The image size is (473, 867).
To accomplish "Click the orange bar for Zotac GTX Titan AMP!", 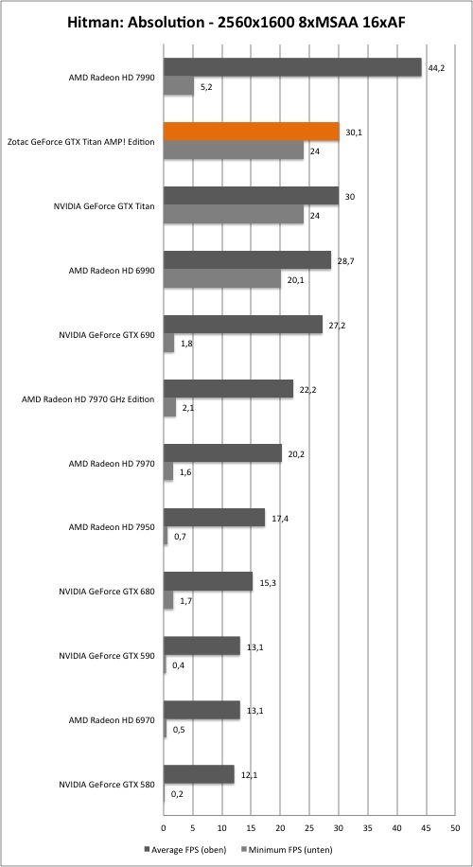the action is (x=252, y=132).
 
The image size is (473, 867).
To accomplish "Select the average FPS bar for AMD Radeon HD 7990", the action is (x=292, y=67).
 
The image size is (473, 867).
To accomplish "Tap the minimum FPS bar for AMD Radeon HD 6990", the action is (x=222, y=278).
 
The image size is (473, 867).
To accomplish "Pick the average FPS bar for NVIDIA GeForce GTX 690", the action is (x=243, y=325).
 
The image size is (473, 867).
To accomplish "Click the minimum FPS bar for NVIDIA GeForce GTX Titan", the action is (x=234, y=215).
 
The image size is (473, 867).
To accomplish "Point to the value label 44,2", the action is (x=435, y=68).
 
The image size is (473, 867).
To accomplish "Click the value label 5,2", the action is (x=206, y=87).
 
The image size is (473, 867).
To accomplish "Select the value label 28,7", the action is (x=344, y=261).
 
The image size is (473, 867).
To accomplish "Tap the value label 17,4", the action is (x=279, y=519).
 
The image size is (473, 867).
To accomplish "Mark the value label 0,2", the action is (x=177, y=794).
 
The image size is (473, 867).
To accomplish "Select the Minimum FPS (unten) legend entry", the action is (x=287, y=849).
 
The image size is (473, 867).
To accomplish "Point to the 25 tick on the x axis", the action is (x=309, y=828).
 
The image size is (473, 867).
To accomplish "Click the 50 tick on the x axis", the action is (x=454, y=828).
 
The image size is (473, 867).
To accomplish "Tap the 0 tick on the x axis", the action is (x=164, y=828).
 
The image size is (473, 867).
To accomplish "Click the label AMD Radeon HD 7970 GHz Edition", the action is (x=88, y=398).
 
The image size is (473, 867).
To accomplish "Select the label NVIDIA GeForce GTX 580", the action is (x=107, y=784).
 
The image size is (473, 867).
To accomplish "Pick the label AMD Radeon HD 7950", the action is (x=112, y=527).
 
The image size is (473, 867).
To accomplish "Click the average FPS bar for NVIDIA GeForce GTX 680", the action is (x=208, y=582).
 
